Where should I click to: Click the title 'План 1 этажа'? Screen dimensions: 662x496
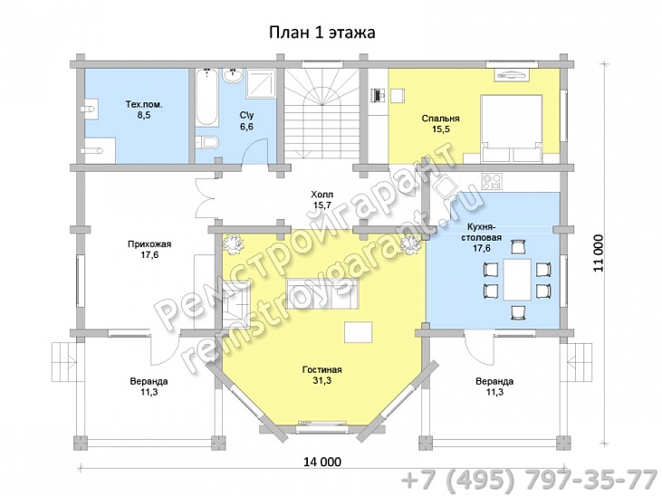click(x=322, y=33)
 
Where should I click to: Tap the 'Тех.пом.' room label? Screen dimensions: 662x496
click(x=144, y=104)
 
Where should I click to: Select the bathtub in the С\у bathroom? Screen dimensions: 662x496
click(x=206, y=98)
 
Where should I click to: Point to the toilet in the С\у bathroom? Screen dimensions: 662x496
click(x=206, y=142)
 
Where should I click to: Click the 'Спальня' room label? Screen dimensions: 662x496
click(x=440, y=119)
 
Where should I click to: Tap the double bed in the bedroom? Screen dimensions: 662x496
click(x=512, y=129)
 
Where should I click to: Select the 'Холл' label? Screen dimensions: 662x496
click(x=322, y=195)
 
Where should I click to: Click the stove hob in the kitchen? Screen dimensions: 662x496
click(x=493, y=182)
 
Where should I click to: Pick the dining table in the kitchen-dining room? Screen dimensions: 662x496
click(x=517, y=280)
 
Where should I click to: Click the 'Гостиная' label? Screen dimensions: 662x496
click(x=322, y=370)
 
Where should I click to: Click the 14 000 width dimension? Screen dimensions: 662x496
click(x=322, y=463)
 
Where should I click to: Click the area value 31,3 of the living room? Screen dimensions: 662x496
click(x=322, y=381)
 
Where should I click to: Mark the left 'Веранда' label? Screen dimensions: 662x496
click(x=149, y=381)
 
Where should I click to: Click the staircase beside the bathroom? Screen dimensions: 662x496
click(x=321, y=114)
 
